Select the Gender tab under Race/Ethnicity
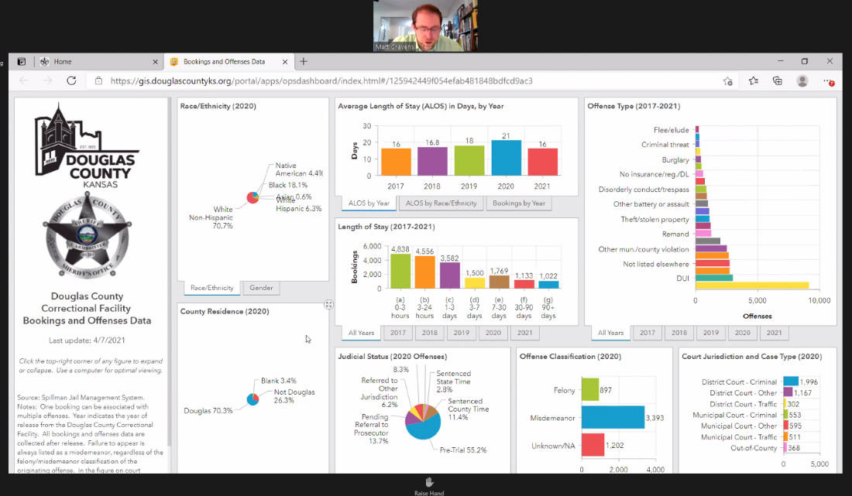click(x=262, y=288)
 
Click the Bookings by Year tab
click(x=519, y=204)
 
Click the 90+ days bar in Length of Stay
click(x=548, y=284)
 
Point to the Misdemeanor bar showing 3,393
click(x=612, y=418)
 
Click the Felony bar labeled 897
click(x=590, y=390)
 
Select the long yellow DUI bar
click(x=752, y=286)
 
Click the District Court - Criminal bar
click(x=790, y=381)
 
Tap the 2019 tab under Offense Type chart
click(x=711, y=333)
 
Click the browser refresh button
click(x=71, y=80)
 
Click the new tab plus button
click(x=304, y=62)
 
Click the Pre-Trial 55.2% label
click(x=464, y=449)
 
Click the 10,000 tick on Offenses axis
click(x=818, y=300)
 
